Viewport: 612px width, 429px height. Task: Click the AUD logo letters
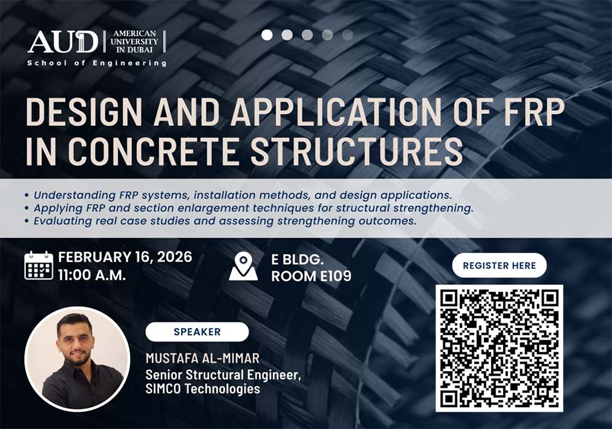(x=63, y=42)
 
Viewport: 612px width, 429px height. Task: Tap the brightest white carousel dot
(x=267, y=35)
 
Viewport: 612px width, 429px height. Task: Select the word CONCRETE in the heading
(x=153, y=151)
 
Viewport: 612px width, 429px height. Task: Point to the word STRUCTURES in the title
(x=356, y=151)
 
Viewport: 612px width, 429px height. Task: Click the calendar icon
(x=39, y=266)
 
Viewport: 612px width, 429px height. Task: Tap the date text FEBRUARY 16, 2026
(x=125, y=257)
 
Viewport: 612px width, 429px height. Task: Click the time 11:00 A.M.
(x=92, y=275)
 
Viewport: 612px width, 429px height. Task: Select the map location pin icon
(x=243, y=266)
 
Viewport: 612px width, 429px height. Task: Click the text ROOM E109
(x=311, y=276)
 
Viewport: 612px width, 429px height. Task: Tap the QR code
(x=499, y=348)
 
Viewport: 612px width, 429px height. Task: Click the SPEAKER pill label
(x=197, y=332)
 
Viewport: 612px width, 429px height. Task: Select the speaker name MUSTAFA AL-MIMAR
(x=202, y=358)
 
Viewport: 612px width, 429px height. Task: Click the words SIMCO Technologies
(x=202, y=388)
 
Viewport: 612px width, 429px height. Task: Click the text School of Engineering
(x=97, y=63)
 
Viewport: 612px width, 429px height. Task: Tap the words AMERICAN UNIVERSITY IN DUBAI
(x=134, y=41)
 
